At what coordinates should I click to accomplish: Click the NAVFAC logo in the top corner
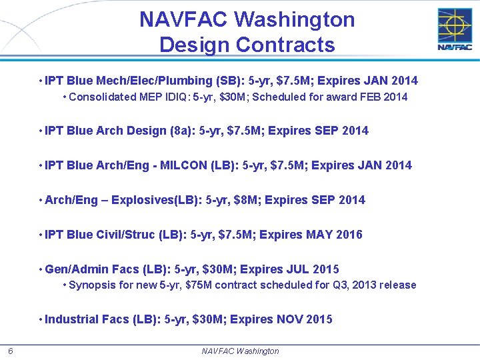pos(455,29)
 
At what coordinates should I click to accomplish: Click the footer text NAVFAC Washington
pos(240,351)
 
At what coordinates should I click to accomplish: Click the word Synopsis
pos(91,285)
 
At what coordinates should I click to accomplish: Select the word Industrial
pos(72,319)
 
